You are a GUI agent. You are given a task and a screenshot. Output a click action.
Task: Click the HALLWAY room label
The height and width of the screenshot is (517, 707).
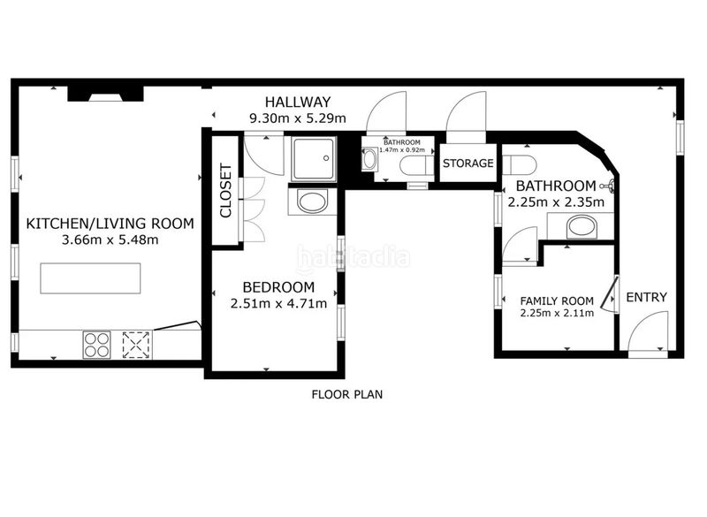tap(298, 102)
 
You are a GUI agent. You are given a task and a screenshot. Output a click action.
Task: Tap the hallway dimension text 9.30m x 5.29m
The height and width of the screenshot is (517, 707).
tap(298, 118)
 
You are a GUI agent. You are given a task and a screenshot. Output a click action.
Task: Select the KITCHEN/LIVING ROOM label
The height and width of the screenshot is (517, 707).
tap(110, 224)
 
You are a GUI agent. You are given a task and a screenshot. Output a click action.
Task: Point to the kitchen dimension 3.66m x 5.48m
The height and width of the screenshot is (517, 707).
tap(110, 239)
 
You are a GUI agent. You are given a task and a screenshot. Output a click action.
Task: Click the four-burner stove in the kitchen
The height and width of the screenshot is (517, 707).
tap(96, 345)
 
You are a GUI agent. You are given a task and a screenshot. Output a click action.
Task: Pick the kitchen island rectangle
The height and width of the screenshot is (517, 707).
tap(90, 278)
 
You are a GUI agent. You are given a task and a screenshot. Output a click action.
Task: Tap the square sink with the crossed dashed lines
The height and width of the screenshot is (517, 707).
tap(136, 345)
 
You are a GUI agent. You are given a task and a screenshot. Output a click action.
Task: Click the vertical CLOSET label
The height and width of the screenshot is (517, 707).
tap(225, 190)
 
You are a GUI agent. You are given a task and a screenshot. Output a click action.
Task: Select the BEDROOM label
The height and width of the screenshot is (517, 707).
tap(278, 287)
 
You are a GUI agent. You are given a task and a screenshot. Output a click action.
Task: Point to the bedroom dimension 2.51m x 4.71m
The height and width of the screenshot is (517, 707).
tap(278, 303)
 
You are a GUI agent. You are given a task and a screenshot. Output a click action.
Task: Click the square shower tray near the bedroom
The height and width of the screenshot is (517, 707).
tap(314, 159)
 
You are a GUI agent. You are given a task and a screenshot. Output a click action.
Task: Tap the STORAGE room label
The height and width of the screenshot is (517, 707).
tap(468, 163)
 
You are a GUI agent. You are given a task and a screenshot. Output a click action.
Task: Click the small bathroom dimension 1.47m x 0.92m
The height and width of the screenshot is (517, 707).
tap(402, 149)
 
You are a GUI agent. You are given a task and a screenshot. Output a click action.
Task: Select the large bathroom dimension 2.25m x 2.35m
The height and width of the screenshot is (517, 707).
tap(556, 201)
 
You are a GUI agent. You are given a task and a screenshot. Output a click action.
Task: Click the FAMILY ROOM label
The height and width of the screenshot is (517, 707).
tap(557, 300)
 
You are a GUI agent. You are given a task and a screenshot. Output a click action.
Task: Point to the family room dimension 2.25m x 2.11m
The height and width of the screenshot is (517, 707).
tap(557, 313)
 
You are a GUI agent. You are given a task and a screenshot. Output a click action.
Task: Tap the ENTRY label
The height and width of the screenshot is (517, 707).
tap(646, 298)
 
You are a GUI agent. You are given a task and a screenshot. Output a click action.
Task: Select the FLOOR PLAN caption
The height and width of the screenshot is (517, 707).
tap(346, 394)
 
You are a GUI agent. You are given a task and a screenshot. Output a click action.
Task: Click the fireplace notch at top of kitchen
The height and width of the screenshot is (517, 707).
tap(105, 95)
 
